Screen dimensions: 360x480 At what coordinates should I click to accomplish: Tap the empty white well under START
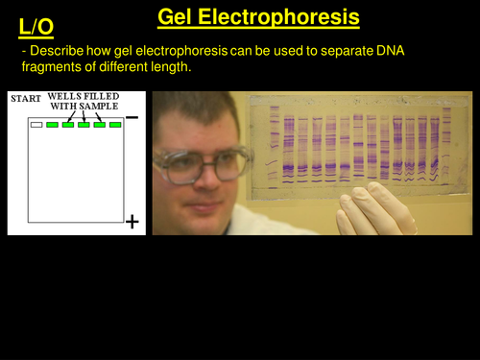click(x=36, y=124)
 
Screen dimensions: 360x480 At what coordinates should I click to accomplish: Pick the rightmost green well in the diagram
click(x=115, y=124)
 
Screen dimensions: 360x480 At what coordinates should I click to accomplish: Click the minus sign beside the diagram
click(x=132, y=115)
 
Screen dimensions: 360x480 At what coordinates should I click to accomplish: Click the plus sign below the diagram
click(x=132, y=222)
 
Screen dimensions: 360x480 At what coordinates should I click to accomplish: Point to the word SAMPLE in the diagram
click(x=103, y=106)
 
